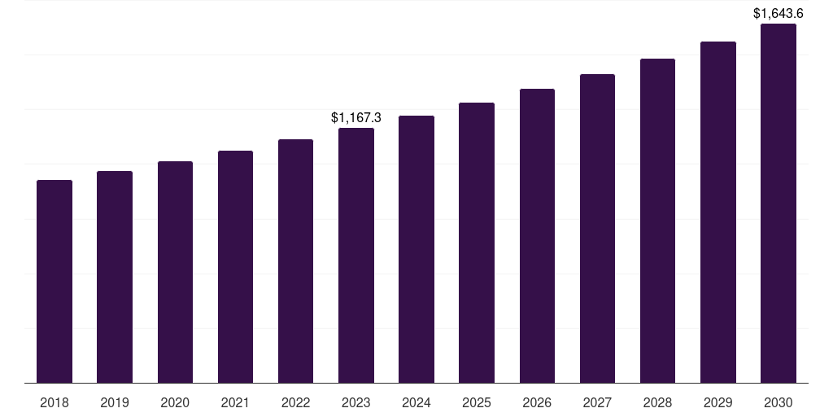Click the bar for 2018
(x=55, y=281)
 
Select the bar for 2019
(x=115, y=277)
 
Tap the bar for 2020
(x=175, y=272)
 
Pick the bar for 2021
(x=235, y=266)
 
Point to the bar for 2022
(x=295, y=261)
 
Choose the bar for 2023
(x=356, y=255)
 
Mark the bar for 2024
(x=416, y=249)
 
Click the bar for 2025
(x=477, y=243)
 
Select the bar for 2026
(x=537, y=235)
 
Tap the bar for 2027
(x=597, y=228)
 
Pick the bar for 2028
(x=657, y=221)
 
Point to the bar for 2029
(x=718, y=212)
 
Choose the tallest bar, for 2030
(x=778, y=203)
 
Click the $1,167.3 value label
(x=356, y=118)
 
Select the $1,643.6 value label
(x=778, y=14)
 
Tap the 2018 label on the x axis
(x=55, y=402)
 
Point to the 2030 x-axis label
(x=778, y=402)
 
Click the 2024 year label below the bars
(x=416, y=402)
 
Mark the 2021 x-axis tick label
(x=235, y=402)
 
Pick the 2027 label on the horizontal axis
(x=597, y=402)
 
